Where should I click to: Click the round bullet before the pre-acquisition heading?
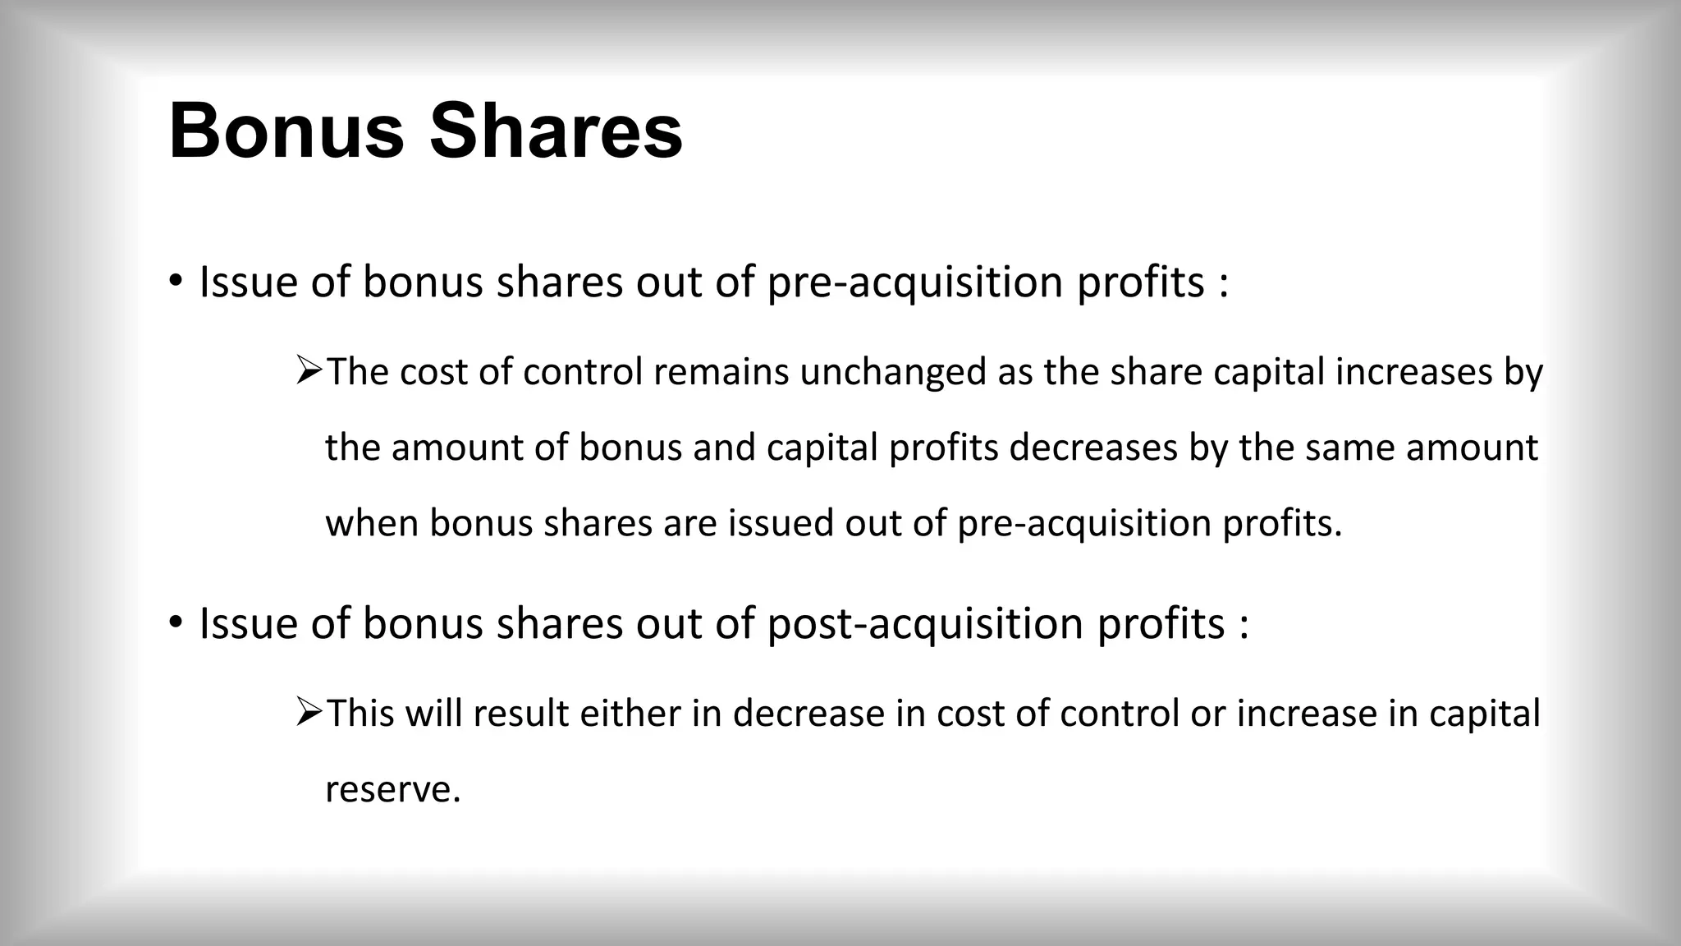[175, 282]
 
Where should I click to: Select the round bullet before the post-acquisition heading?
[175, 623]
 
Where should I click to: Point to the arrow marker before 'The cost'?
[309, 371]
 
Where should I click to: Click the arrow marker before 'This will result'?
[309, 712]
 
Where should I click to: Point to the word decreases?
[1092, 448]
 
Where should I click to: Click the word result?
[520, 713]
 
